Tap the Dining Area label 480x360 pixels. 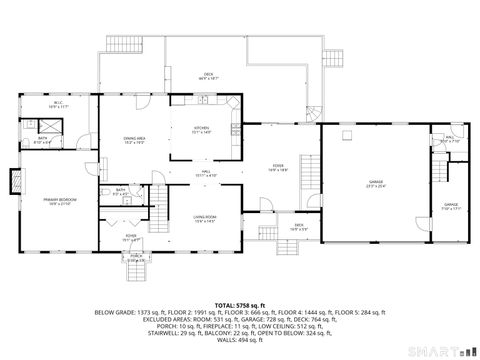pos(135,141)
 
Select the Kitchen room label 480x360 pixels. pos(201,129)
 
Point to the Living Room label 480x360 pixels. pos(204,218)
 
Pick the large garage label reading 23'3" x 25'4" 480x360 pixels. pos(375,182)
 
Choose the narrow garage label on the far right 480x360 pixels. pos(451,207)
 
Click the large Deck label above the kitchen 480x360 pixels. pos(209,75)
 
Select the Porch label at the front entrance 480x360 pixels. pos(135,259)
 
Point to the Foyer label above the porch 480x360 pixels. pos(130,238)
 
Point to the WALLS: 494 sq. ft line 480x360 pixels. pos(240,338)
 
